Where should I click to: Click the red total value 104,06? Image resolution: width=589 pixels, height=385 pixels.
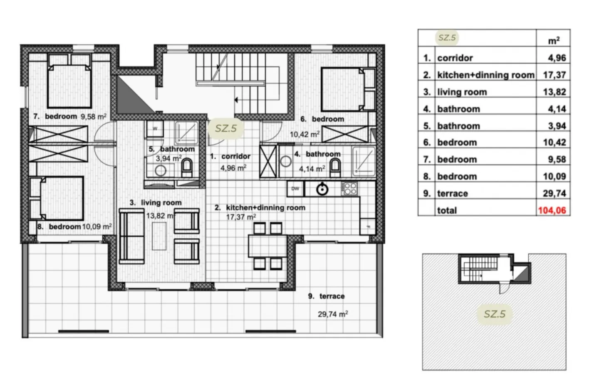pos(552,210)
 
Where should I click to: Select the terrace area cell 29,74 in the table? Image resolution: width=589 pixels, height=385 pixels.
pos(554,194)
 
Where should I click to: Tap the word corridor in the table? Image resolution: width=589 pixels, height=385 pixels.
pos(455,58)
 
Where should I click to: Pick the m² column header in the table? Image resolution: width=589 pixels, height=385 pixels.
pos(554,41)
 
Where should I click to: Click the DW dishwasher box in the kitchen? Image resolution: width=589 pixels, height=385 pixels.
pos(295,189)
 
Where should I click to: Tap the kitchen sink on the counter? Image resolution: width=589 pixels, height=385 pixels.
pos(322,189)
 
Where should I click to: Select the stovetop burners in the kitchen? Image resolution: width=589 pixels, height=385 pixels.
pos(349,189)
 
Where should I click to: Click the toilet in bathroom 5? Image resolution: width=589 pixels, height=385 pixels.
pos(187,167)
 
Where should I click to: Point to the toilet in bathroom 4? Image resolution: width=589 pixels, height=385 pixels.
pos(335,168)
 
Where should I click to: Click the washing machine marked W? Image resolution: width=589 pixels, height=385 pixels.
pos(155,128)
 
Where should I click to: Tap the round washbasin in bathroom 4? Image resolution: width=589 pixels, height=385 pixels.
pos(286,161)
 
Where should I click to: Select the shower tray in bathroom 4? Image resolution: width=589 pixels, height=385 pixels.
pos(364,161)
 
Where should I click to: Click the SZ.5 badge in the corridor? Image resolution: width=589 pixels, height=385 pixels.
pos(226,128)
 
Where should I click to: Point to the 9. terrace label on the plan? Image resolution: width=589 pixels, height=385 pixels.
pos(326,296)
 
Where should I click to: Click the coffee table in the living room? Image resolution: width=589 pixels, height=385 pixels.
pos(159,236)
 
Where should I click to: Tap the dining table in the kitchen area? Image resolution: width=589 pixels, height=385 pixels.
pos(267,246)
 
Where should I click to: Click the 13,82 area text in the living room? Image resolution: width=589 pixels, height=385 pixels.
pos(159,216)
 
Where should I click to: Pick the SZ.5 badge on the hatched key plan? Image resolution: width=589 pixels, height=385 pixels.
pos(495,314)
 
